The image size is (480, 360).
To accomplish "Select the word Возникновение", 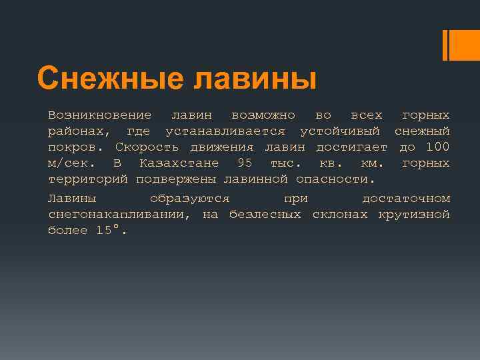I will click(99, 116).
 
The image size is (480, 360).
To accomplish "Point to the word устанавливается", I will click(225, 131).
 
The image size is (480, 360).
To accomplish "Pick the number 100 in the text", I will click(437, 147).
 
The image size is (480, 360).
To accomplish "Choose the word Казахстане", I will click(179, 163).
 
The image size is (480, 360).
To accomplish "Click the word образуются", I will click(190, 199).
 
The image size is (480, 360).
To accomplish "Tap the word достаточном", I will click(406, 199).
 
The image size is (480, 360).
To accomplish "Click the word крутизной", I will click(413, 215).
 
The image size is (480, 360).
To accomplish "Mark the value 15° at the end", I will click(111, 231).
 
